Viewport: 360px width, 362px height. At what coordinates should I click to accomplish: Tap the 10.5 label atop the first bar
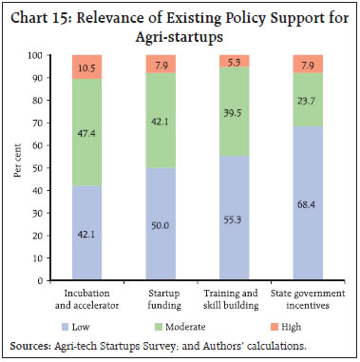87,67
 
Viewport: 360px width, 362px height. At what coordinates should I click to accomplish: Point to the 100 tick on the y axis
39,56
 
